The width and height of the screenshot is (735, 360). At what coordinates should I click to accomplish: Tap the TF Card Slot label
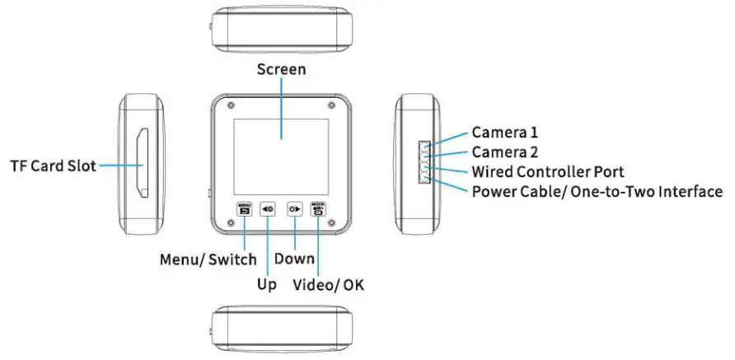[x=53, y=166]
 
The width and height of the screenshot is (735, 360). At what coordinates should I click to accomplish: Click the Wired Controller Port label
[x=547, y=172]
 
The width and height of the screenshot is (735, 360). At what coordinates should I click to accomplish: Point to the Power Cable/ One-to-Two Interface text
[x=597, y=192]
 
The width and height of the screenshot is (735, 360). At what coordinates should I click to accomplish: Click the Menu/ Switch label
[x=208, y=259]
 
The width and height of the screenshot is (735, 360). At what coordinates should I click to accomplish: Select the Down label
[x=294, y=259]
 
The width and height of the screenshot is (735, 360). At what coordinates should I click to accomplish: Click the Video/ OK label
[x=330, y=285]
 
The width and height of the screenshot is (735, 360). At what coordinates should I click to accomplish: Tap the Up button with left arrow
[x=268, y=209]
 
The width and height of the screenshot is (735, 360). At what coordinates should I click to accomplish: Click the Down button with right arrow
[x=293, y=209]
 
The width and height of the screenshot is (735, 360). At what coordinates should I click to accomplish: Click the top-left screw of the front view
[x=229, y=106]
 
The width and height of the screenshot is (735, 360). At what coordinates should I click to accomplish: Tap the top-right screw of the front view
[x=331, y=106]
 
